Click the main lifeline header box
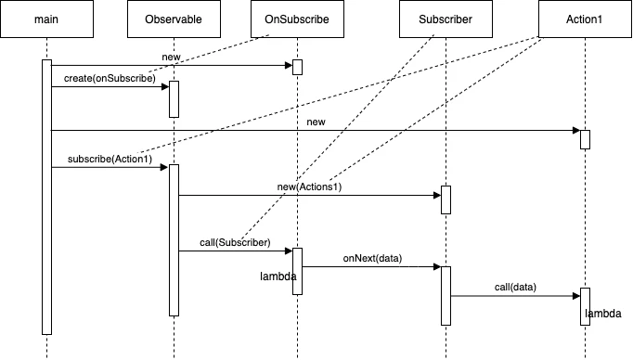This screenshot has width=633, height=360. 46,19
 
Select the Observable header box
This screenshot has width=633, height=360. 174,19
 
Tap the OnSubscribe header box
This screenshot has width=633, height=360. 297,19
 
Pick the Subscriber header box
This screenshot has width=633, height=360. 446,19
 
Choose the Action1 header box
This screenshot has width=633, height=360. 585,19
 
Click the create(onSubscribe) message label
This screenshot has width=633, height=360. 110,78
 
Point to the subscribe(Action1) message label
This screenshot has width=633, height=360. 110,160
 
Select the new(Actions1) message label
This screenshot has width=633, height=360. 310,188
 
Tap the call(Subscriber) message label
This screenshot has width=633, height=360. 235,242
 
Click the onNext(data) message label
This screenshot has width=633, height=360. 371,259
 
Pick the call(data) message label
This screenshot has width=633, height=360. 514,287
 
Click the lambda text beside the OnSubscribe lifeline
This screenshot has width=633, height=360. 278,276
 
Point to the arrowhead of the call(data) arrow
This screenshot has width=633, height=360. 575,296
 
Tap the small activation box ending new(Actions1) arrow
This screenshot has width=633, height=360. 446,199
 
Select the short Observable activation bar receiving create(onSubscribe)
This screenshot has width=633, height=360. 174,99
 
